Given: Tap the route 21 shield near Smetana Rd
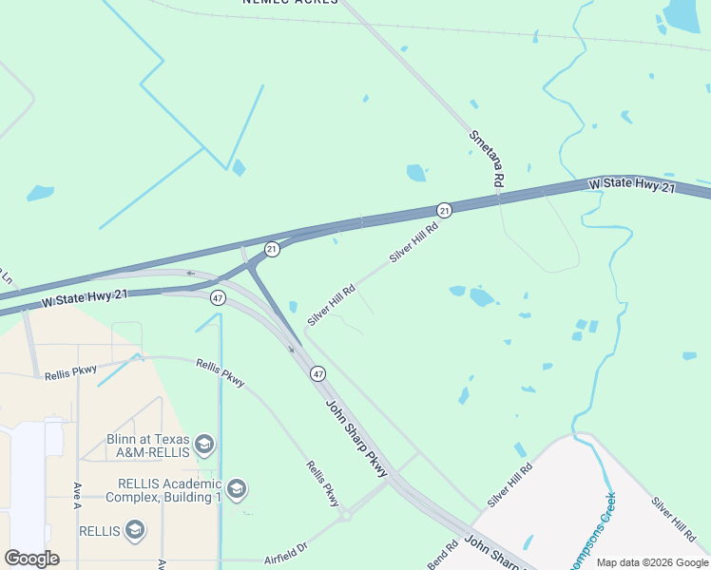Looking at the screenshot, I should (444, 209).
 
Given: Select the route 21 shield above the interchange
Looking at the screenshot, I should (272, 249).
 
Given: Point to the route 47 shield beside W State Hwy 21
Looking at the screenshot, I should (219, 298).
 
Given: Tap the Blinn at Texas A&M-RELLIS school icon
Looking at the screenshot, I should (203, 444).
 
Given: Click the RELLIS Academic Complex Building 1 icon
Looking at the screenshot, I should (237, 489).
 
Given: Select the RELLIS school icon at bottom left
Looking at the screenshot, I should (135, 530).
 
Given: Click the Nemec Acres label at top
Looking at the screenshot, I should (290, 2).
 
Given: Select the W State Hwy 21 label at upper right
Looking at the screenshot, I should (631, 186).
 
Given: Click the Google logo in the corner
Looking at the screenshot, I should (31, 559).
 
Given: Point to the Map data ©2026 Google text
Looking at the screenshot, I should (652, 562).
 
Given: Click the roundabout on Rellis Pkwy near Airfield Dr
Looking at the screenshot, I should (344, 516).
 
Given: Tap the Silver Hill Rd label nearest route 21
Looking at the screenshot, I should (414, 242).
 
